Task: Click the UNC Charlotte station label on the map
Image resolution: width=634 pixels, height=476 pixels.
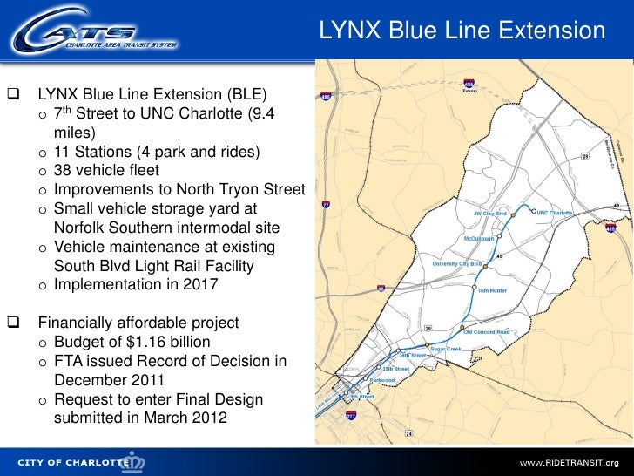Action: click(x=555, y=212)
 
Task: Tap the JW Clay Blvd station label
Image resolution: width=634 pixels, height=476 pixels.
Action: click(x=489, y=212)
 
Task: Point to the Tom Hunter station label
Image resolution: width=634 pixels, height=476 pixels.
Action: click(x=492, y=290)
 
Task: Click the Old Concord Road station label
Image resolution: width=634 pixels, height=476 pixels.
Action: click(x=486, y=331)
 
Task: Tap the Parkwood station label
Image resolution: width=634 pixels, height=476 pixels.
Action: click(x=382, y=380)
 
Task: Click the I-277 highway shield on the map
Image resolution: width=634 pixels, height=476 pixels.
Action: click(x=350, y=417)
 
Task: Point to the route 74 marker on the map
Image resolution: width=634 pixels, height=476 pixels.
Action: click(x=408, y=433)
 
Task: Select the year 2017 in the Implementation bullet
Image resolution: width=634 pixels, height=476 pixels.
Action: click(x=202, y=285)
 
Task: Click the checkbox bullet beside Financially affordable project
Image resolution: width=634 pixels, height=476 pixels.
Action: click(x=13, y=323)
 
